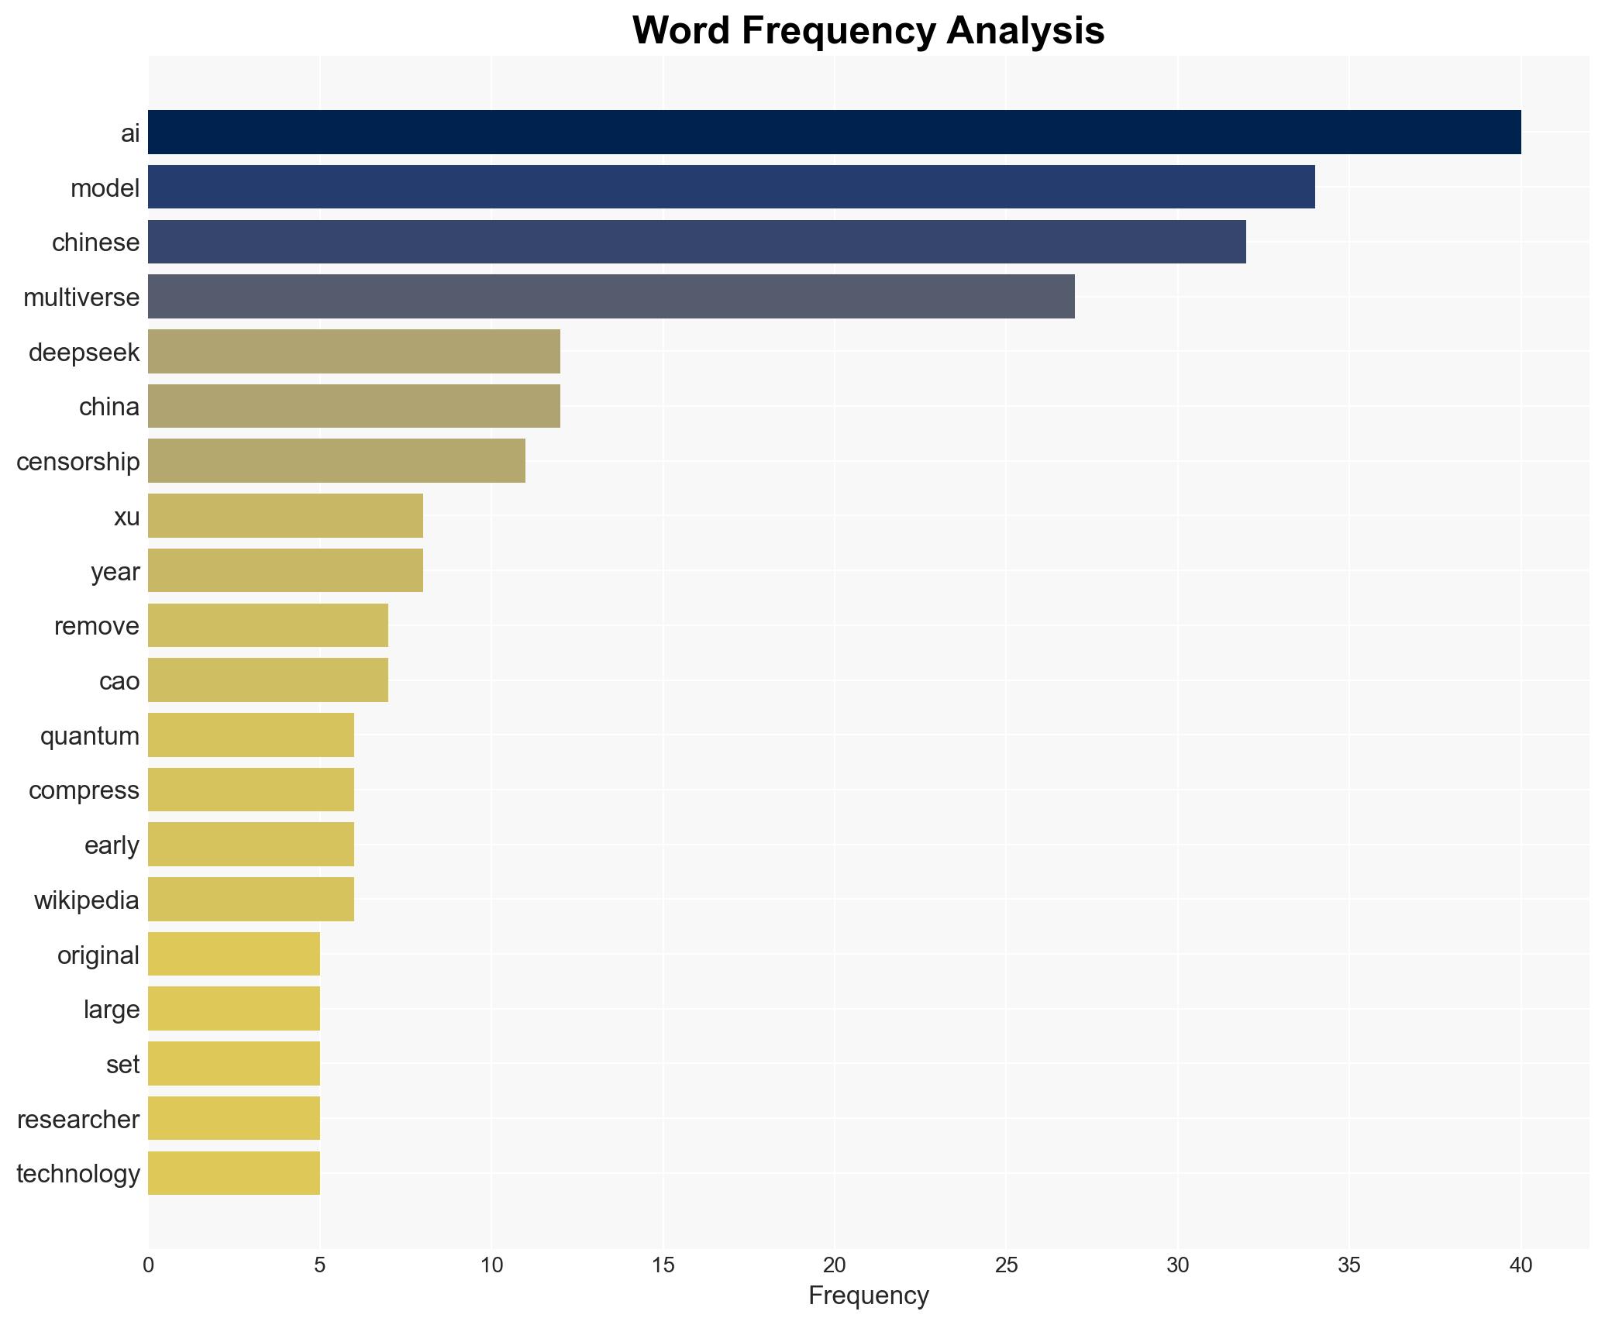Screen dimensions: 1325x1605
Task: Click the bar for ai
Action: point(834,132)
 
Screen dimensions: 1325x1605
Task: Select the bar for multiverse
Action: point(611,296)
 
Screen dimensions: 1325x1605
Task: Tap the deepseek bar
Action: point(353,351)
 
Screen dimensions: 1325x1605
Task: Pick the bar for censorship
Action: point(336,460)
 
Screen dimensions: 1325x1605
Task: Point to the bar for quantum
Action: point(250,735)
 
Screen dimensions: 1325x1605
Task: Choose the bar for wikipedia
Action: point(250,899)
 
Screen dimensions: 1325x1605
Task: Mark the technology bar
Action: point(233,1173)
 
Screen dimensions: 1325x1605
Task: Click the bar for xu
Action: point(285,515)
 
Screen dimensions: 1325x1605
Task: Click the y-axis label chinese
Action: point(96,243)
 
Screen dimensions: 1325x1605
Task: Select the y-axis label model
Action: point(105,188)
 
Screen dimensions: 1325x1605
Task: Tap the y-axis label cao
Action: point(119,681)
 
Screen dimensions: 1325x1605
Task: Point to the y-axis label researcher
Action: point(78,1119)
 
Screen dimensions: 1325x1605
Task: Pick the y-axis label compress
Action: point(84,790)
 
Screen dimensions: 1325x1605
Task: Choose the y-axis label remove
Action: point(97,626)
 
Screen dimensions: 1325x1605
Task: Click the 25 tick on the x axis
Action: point(1005,1265)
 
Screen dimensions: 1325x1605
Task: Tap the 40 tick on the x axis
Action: point(1521,1265)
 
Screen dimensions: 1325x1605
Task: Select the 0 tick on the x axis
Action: point(148,1265)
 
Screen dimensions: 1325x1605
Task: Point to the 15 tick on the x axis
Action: point(663,1265)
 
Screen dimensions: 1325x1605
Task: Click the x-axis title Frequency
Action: point(868,1296)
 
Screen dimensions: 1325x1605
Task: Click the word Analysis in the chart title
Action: point(1025,31)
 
